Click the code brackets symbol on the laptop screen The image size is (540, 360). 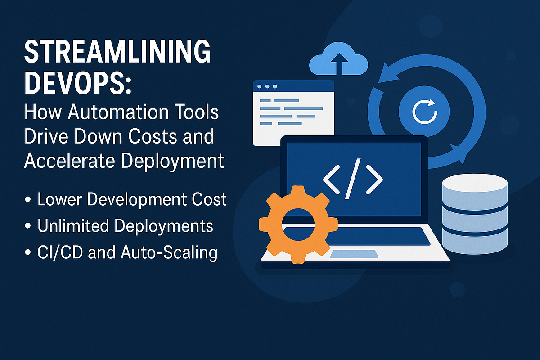[352, 179]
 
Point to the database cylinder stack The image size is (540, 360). [475, 214]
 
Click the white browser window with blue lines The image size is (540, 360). [293, 112]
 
